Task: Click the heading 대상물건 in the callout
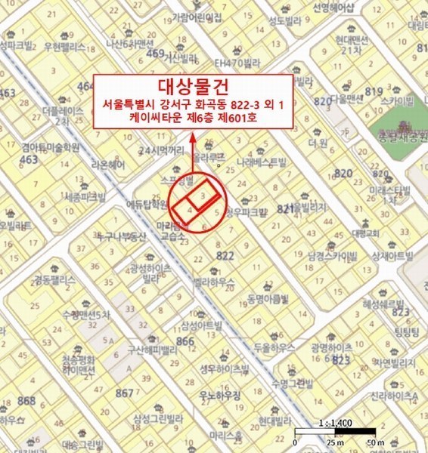tap(191, 85)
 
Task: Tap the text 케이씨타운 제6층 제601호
tap(192, 118)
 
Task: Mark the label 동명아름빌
tap(267, 298)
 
